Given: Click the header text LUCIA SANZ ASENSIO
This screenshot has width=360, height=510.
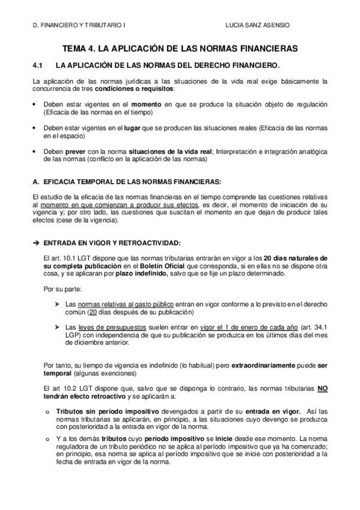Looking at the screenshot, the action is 255,26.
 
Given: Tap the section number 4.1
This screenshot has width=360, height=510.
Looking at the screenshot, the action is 38,64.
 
